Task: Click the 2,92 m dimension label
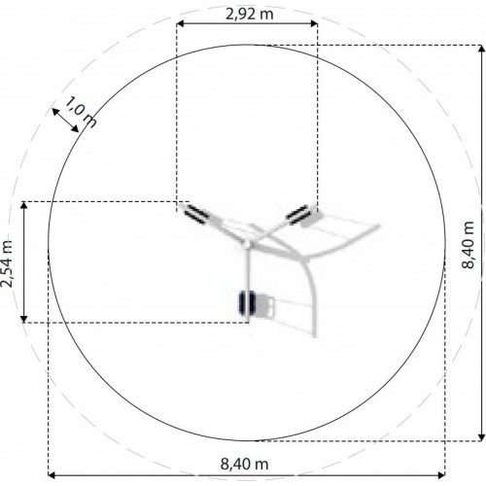[x=249, y=14]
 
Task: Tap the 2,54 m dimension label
[x=7, y=263]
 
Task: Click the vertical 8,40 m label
[x=468, y=245]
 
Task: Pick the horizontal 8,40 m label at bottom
[x=245, y=464]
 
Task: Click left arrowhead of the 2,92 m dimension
[x=180, y=23]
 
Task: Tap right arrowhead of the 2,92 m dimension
[x=314, y=23]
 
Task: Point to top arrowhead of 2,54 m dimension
[x=23, y=205]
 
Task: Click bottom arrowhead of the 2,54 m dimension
[x=23, y=319]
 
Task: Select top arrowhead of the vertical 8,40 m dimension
[x=482, y=49]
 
